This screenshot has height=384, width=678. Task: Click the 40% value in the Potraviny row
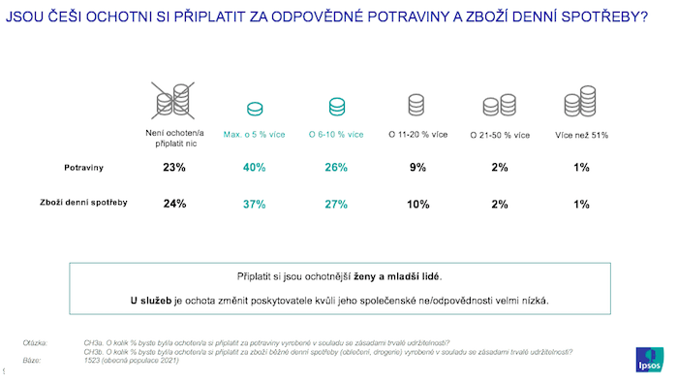coord(254,168)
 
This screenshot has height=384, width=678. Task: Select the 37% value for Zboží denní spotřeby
coord(254,205)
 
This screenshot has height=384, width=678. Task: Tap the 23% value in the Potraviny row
coord(173,168)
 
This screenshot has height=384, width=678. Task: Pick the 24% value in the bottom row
coord(173,205)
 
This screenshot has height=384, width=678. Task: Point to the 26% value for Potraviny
coord(336,168)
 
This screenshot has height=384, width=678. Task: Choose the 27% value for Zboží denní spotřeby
coord(336,205)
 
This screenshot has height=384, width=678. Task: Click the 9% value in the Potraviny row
coord(417,168)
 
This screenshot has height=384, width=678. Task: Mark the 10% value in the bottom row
coord(417,205)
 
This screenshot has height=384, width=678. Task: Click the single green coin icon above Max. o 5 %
coord(255,109)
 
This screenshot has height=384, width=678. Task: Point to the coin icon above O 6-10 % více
coord(336,106)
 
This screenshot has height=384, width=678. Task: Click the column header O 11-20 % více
coord(417,134)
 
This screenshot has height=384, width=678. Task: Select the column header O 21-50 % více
coord(499,134)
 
